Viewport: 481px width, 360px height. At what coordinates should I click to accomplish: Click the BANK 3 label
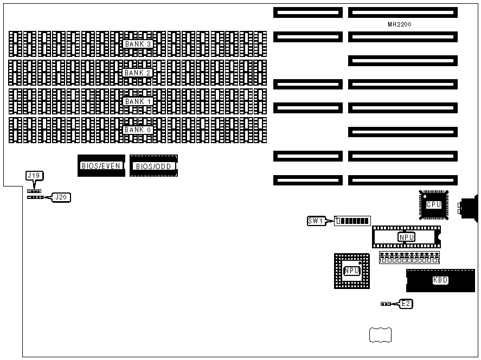138,44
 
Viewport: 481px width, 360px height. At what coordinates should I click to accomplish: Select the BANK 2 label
138,73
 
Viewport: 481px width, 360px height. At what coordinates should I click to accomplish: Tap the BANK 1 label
138,101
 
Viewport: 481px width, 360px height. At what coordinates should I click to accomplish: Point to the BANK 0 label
138,130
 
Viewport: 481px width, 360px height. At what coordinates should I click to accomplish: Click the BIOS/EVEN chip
101,166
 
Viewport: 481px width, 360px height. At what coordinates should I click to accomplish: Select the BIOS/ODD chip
153,166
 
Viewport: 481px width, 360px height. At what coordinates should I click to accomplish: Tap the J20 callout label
61,197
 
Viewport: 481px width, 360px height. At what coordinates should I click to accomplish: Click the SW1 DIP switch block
352,221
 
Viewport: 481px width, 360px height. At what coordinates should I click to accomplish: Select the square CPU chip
434,204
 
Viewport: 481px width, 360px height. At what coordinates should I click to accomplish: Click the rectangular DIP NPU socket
407,237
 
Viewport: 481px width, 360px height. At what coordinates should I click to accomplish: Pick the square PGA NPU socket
352,270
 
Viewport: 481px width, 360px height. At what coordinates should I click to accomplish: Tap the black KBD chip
440,280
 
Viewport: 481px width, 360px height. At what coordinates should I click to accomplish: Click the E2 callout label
406,304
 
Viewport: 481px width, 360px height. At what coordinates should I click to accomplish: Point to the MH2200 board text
403,24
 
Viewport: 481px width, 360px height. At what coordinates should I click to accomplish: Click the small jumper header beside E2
386,304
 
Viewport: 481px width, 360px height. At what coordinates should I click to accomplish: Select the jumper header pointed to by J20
35,197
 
